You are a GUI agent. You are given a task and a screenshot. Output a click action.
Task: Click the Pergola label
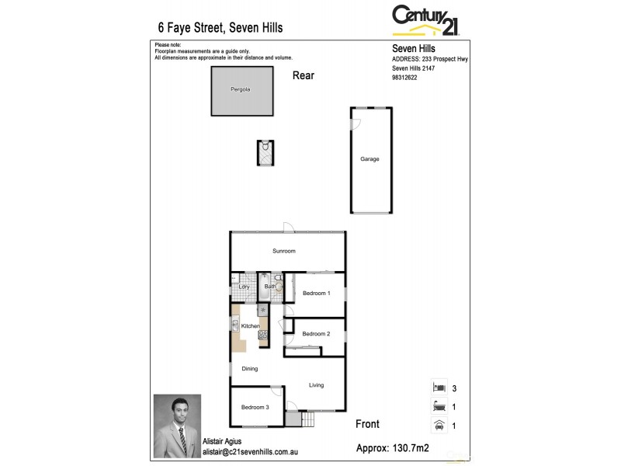tap(240, 90)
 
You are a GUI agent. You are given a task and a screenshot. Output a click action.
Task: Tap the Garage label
tap(369, 159)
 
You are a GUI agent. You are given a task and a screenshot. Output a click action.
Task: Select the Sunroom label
tap(283, 252)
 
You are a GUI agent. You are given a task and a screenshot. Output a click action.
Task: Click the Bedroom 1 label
tap(317, 294)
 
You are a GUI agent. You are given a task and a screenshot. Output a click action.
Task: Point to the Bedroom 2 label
tap(317, 334)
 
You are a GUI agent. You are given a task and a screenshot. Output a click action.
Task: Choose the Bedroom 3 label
tap(255, 408)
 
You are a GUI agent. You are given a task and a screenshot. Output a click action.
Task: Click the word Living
tap(316, 385)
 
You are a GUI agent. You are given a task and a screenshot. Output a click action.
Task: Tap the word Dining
tap(249, 369)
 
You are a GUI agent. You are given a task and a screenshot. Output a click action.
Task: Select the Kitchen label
tap(250, 326)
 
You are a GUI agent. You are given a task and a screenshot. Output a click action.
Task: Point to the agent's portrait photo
tap(177, 426)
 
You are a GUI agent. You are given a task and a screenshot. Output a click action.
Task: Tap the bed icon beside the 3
tap(439, 386)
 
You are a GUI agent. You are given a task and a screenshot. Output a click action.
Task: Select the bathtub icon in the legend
tap(439, 405)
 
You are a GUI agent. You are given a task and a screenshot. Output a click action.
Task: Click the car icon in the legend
tap(439, 425)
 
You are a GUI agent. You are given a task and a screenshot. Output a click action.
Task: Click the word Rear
tap(304, 75)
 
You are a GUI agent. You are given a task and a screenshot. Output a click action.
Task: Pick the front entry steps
tap(302, 419)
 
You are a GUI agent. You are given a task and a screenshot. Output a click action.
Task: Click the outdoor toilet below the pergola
tap(265, 152)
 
